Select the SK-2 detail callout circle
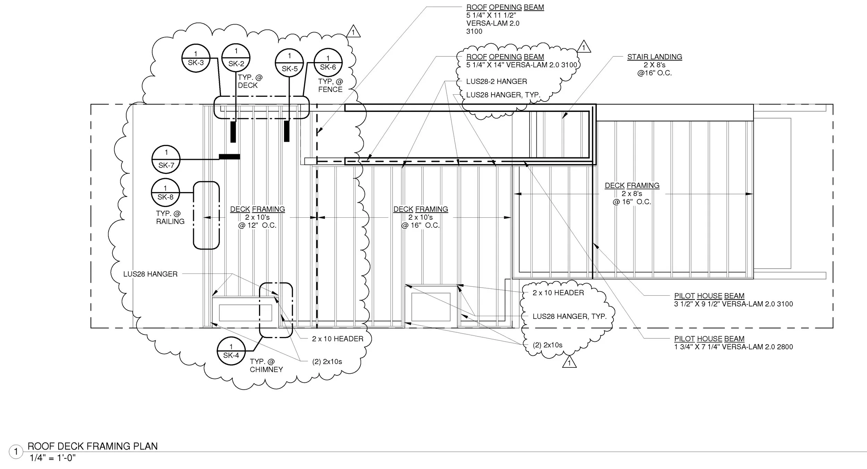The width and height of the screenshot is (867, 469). pyautogui.click(x=236, y=58)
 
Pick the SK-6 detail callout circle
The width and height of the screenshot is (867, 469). pyautogui.click(x=328, y=63)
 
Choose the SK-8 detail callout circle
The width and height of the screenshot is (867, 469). pyautogui.click(x=165, y=193)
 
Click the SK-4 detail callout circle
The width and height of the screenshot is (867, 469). pyautogui.click(x=231, y=351)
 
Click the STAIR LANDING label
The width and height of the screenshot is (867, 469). pyautogui.click(x=654, y=57)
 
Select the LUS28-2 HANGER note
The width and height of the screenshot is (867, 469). pyautogui.click(x=496, y=81)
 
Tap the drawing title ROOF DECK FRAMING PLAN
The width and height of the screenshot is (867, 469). pyautogui.click(x=93, y=446)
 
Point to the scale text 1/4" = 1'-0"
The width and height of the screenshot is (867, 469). pyautogui.click(x=53, y=458)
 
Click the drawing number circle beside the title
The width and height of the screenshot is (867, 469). pyautogui.click(x=16, y=452)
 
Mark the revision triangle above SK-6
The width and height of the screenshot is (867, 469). pyautogui.click(x=353, y=32)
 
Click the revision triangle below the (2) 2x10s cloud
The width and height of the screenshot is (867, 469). pyautogui.click(x=569, y=363)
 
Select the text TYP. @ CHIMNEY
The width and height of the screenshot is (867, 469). pyautogui.click(x=266, y=365)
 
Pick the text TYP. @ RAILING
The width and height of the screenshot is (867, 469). pyautogui.click(x=170, y=217)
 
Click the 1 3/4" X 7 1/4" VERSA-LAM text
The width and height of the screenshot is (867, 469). pyautogui.click(x=733, y=347)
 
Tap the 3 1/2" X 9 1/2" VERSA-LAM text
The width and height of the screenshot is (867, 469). pyautogui.click(x=733, y=304)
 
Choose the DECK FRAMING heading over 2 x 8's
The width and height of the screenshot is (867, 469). pyautogui.click(x=632, y=185)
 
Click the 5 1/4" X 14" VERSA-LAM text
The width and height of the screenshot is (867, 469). pyautogui.click(x=522, y=65)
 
